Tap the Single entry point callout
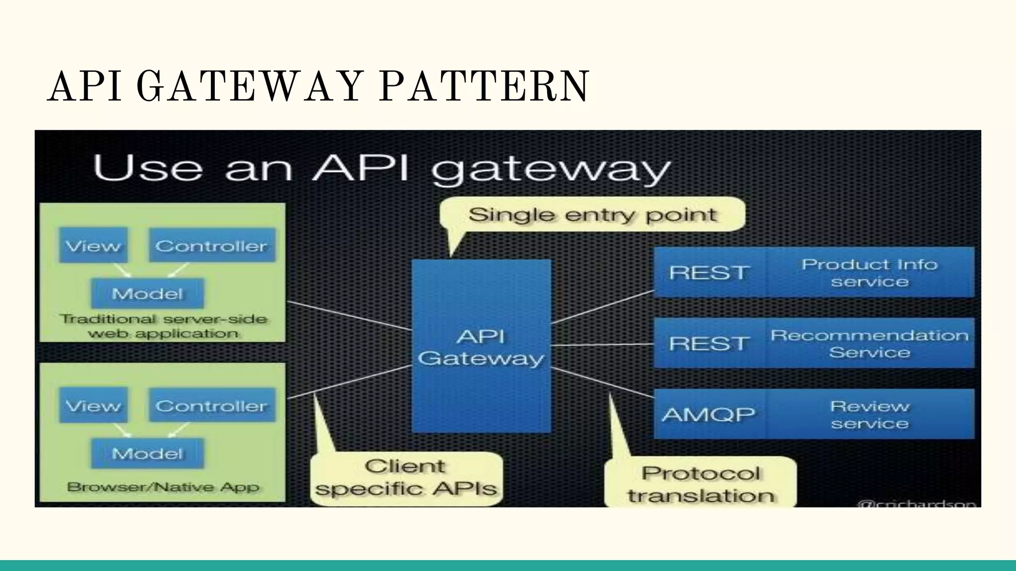point(592,215)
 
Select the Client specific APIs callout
point(406,478)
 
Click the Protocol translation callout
point(700,484)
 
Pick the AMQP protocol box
point(709,414)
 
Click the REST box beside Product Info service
point(709,272)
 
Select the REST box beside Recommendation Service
point(709,343)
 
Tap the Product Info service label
point(869,272)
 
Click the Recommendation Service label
point(869,343)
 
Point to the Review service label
point(869,414)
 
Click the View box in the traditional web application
point(93,245)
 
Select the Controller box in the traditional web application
point(212,245)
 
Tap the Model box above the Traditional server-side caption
point(147,293)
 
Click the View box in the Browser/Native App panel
point(93,405)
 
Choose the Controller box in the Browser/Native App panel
point(212,405)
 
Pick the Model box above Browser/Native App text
point(147,453)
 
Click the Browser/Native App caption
point(163,487)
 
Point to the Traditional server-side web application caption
point(163,326)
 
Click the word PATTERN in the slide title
point(484,87)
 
